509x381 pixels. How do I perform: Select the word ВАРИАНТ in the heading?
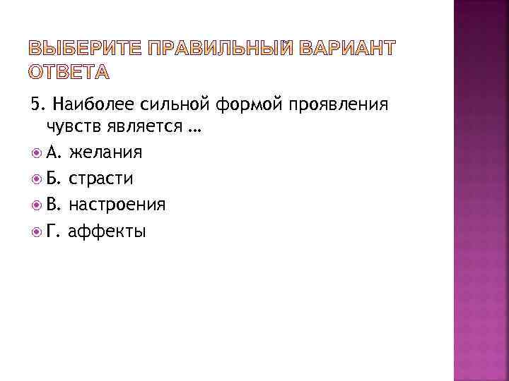pyautogui.click(x=347, y=49)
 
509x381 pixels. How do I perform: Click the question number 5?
pyautogui.click(x=35, y=106)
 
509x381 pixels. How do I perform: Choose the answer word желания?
pyautogui.click(x=106, y=152)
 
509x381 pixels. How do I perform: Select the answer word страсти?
pyautogui.click(x=101, y=179)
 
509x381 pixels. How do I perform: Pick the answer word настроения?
pyautogui.click(x=117, y=205)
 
